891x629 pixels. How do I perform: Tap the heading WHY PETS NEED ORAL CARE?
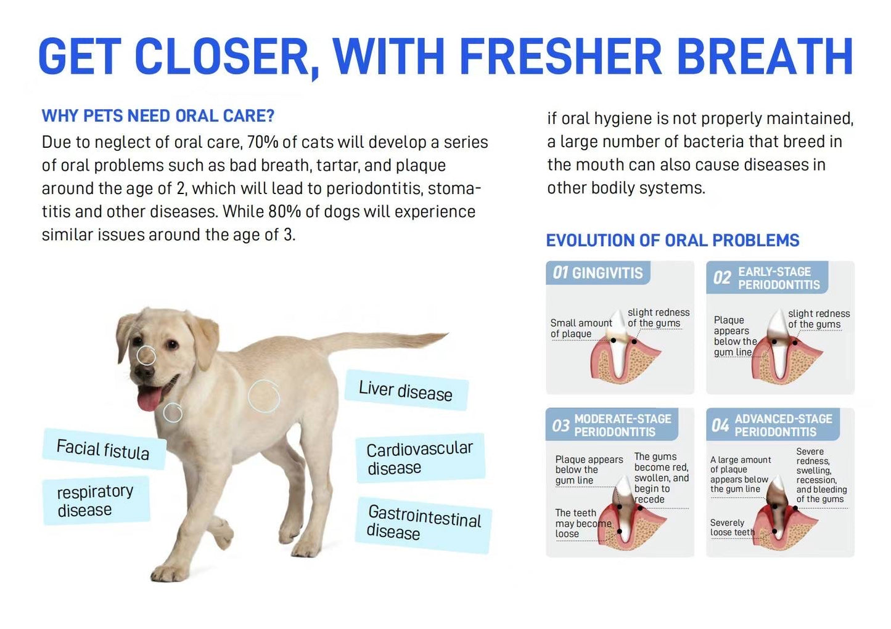point(158,116)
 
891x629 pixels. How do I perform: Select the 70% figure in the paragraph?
point(263,142)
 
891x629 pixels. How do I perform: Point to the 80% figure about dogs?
point(284,212)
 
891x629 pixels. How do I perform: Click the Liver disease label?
point(406,391)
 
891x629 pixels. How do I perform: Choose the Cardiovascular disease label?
point(420,458)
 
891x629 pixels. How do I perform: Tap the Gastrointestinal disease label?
point(424,523)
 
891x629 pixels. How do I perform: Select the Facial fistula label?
point(103,449)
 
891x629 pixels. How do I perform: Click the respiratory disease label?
point(95,500)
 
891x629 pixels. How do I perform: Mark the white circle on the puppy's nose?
point(146,355)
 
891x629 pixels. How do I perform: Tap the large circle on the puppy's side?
point(264,396)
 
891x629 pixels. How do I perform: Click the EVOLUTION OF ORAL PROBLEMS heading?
point(672,240)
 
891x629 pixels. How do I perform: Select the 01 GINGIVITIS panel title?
point(597,273)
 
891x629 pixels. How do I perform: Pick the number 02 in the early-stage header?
point(721,278)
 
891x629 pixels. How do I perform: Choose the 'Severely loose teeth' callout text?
point(731,527)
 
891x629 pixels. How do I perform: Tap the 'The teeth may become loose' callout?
point(582,523)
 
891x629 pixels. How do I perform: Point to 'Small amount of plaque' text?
point(580,328)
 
